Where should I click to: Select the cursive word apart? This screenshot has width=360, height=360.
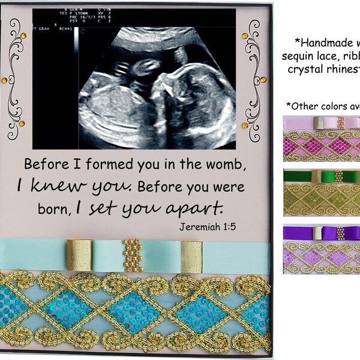point(202,208)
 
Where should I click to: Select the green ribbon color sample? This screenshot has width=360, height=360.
point(321,189)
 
